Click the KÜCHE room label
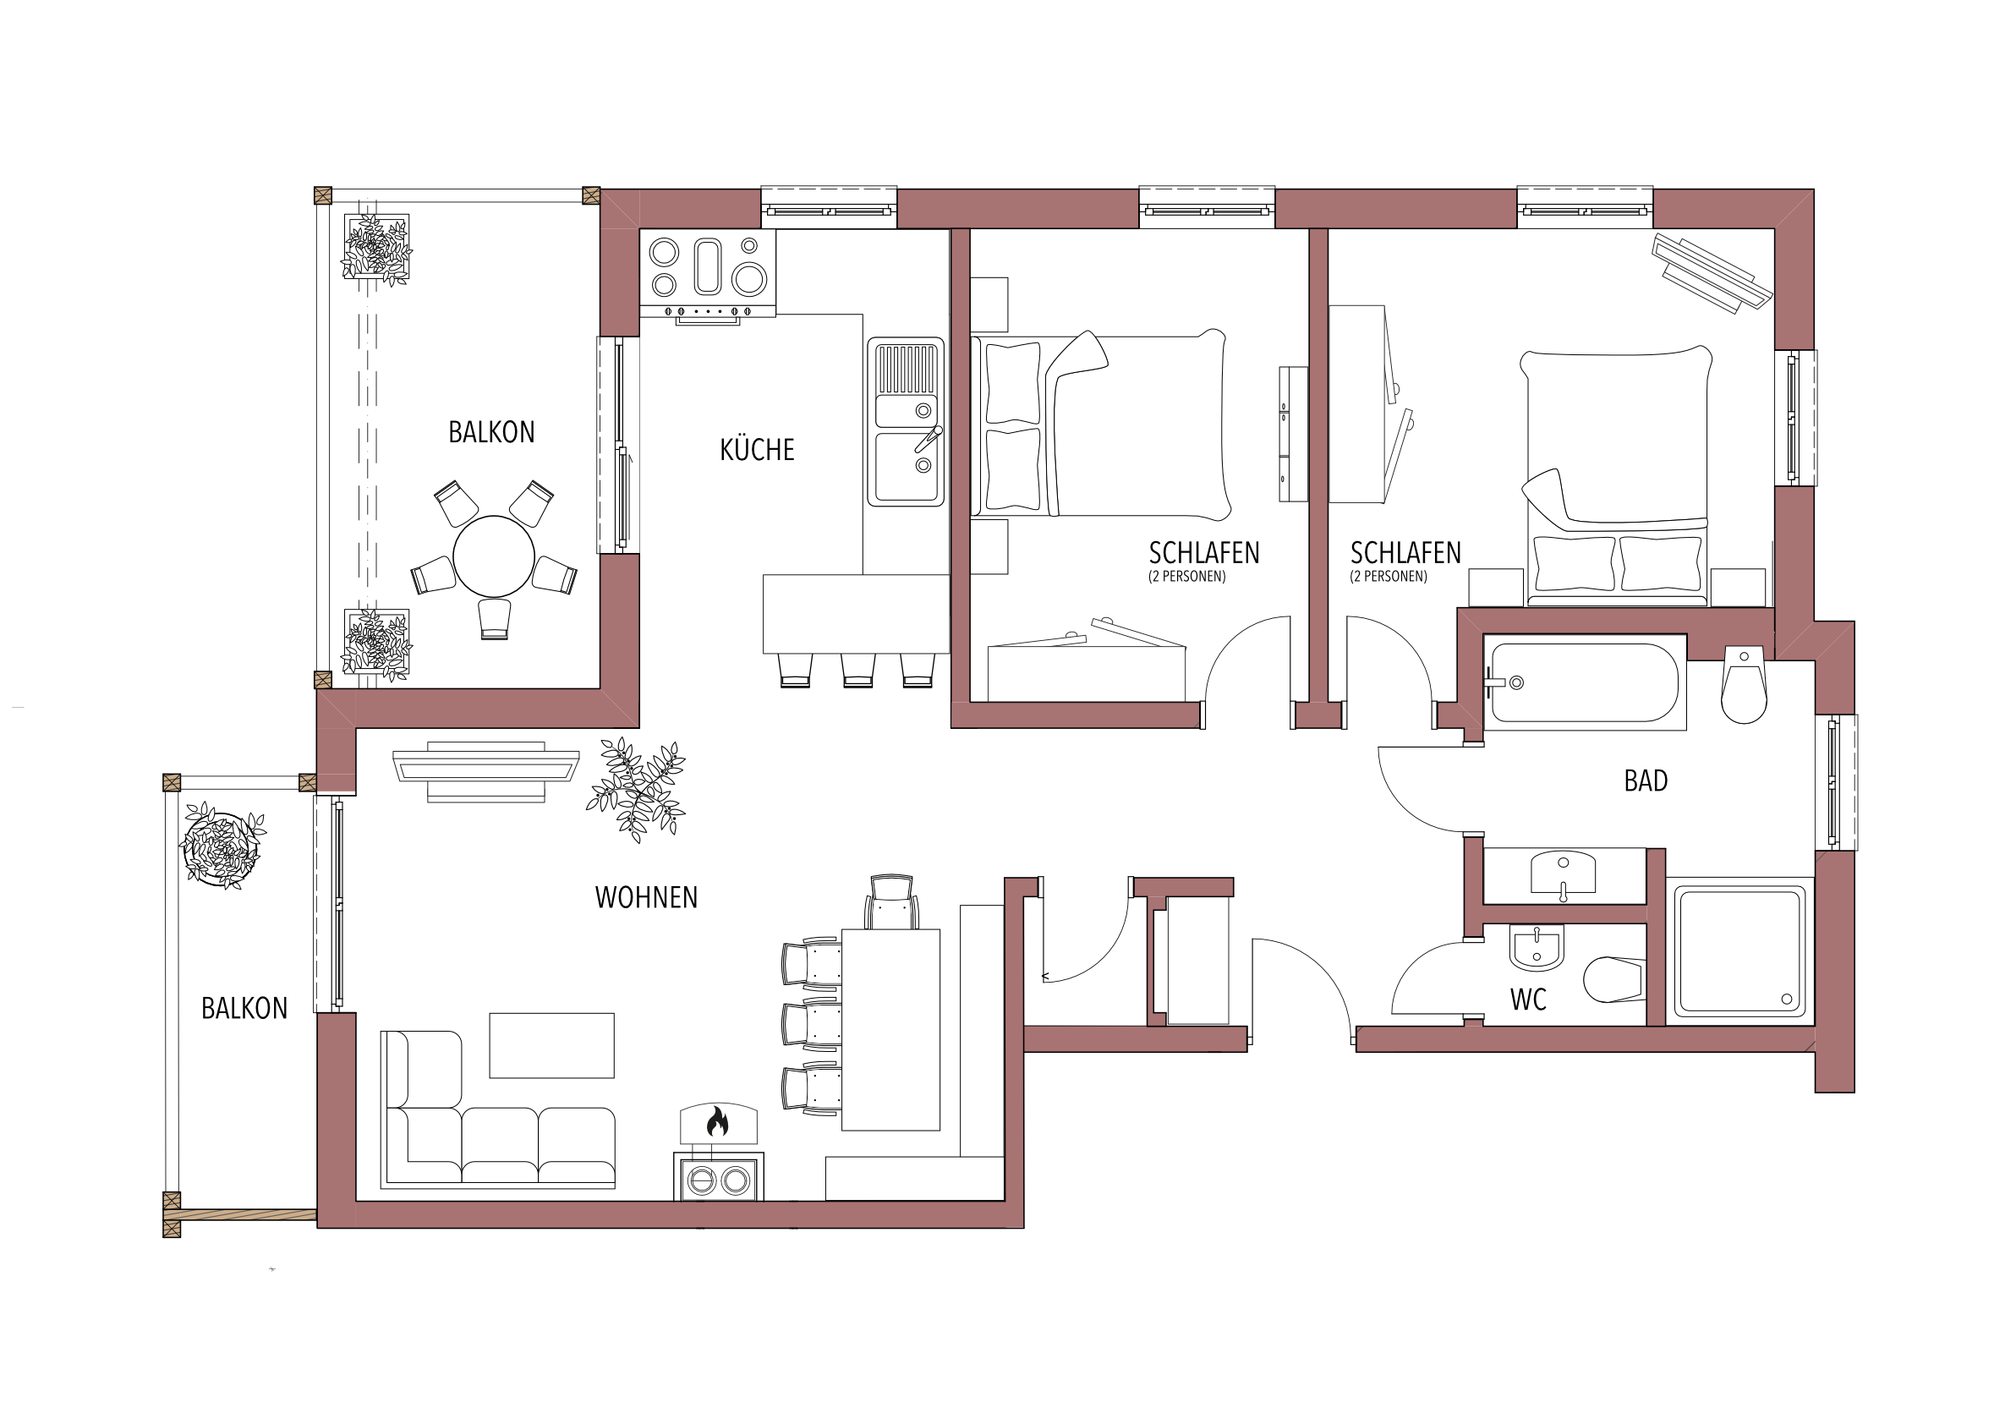pos(757,450)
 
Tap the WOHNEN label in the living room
pos(646,897)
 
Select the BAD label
pos(1646,780)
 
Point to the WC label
pos(1529,999)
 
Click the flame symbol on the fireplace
pos(717,1121)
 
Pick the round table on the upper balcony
pos(494,556)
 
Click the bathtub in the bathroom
pos(1585,682)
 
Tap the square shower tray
pos(1739,950)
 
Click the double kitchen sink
pos(907,422)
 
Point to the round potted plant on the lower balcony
pos(222,846)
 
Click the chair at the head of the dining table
pos(891,901)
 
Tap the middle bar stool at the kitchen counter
pos(857,670)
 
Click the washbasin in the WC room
pos(1537,948)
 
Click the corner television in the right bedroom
pos(1712,273)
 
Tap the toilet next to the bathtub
pos(1744,686)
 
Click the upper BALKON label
pos(491,432)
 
